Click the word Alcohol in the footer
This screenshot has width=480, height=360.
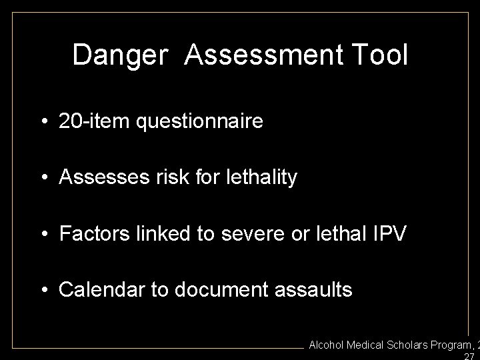point(327,345)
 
